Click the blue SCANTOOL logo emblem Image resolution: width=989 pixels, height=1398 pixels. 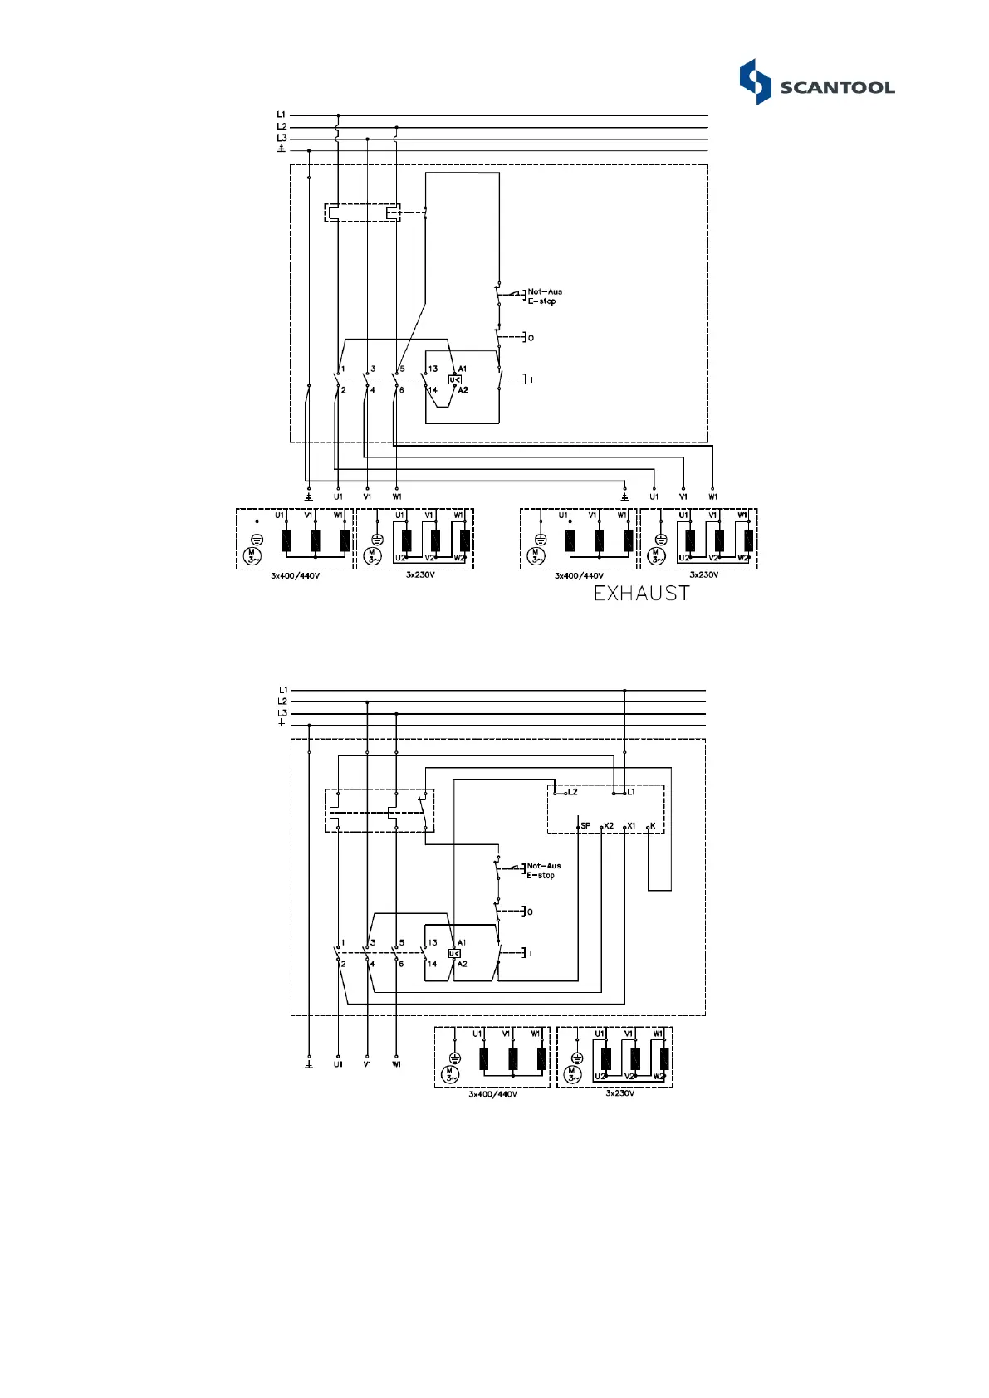pyautogui.click(x=755, y=81)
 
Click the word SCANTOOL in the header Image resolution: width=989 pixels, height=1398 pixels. pyautogui.click(x=837, y=88)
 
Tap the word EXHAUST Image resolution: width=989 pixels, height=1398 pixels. pyautogui.click(x=641, y=594)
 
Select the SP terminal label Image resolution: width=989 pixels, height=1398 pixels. pyautogui.click(x=585, y=826)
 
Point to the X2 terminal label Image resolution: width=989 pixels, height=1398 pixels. pyautogui.click(x=609, y=826)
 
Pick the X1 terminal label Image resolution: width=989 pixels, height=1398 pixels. pyautogui.click(x=631, y=826)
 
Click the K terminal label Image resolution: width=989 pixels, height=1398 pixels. pyautogui.click(x=653, y=826)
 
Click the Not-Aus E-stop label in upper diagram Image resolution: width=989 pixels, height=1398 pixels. pyautogui.click(x=545, y=296)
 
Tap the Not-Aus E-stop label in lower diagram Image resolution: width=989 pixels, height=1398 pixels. pyautogui.click(x=543, y=870)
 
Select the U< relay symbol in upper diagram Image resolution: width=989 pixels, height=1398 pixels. pyautogui.click(x=455, y=379)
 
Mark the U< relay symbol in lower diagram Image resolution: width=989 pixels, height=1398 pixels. pyautogui.click(x=454, y=953)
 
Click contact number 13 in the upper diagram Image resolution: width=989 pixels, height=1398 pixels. pyautogui.click(x=433, y=369)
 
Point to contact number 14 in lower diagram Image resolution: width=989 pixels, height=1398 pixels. pyautogui.click(x=432, y=964)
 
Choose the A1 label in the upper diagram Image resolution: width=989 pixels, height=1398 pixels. pyautogui.click(x=463, y=369)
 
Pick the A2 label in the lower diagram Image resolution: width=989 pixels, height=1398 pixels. pyautogui.click(x=462, y=964)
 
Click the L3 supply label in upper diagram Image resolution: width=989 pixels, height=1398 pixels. pyautogui.click(x=282, y=139)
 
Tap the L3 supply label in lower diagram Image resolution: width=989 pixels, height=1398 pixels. pyautogui.click(x=282, y=713)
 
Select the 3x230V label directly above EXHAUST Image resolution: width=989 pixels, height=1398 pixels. pyautogui.click(x=703, y=574)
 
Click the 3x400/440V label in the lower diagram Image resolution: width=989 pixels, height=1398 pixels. pyautogui.click(x=492, y=1094)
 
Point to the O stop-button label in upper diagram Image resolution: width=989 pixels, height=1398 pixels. pyautogui.click(x=531, y=338)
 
